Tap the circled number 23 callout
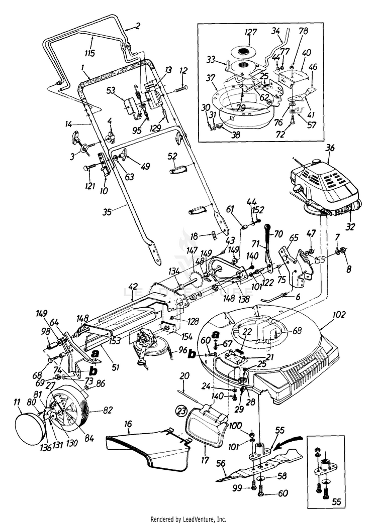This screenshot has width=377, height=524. [180, 410]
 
